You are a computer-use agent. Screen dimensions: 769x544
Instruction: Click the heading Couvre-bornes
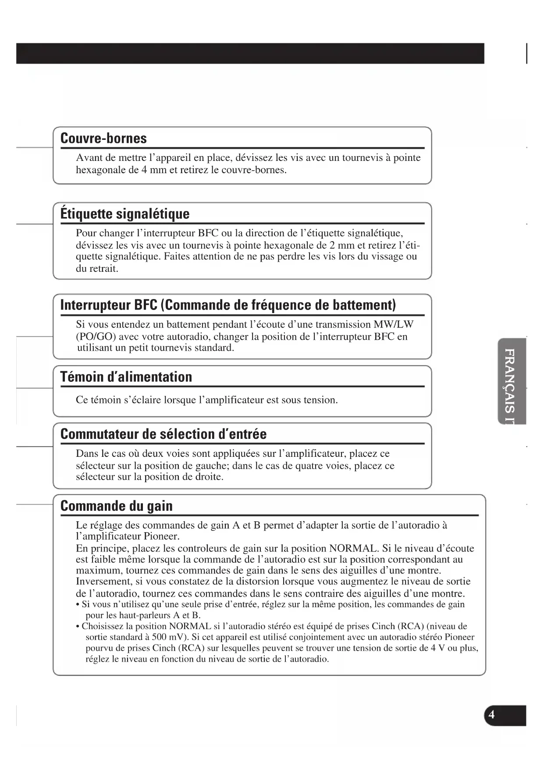103,138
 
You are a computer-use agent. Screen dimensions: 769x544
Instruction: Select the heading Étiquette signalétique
125,214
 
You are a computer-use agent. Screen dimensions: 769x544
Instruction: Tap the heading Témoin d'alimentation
126,377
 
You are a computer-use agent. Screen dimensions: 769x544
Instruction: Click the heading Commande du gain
117,506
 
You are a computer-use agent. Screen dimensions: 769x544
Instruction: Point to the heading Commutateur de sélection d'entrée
164,434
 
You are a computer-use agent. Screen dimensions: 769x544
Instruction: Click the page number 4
491,715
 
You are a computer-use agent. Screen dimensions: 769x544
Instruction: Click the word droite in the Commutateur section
208,477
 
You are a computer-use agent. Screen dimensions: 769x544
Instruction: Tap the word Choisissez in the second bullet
107,626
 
